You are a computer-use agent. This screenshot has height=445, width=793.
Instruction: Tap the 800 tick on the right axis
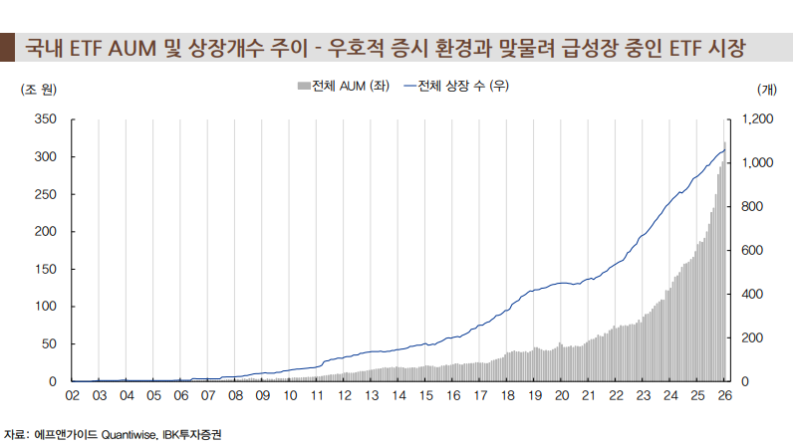point(749,207)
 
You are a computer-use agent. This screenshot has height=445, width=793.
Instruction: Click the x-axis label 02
point(72,395)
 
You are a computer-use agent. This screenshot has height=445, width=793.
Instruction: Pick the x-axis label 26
point(725,395)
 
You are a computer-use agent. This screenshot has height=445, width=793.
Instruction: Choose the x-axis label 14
point(398,395)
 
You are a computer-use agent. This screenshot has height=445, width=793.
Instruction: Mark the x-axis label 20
point(562,395)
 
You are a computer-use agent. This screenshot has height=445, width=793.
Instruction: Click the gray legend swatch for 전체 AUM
point(304,87)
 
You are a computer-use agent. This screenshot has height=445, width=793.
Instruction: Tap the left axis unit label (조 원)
point(39,89)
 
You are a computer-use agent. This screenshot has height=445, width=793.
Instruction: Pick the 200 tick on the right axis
point(749,338)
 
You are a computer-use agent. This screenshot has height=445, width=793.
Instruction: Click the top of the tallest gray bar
point(725,141)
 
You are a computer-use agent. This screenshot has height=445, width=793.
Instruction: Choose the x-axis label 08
point(235,395)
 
